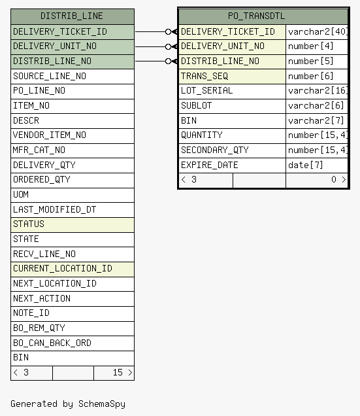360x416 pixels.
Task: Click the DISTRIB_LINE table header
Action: click(x=72, y=16)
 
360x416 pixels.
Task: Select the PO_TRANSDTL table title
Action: click(x=256, y=16)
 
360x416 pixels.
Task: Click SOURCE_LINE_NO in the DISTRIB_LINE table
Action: click(x=50, y=77)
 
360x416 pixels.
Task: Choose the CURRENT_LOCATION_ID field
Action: click(x=63, y=268)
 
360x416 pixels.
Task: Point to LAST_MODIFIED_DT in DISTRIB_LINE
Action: click(x=55, y=209)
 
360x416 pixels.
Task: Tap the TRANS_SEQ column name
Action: click(x=205, y=77)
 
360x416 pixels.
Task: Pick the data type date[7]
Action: click(x=305, y=165)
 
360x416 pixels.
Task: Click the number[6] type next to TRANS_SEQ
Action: click(x=310, y=77)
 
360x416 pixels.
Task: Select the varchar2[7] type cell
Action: click(x=316, y=121)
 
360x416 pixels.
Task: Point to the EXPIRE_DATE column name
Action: click(x=210, y=165)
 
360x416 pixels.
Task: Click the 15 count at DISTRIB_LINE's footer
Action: click(x=118, y=372)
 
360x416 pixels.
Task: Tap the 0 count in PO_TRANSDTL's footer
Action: click(x=334, y=180)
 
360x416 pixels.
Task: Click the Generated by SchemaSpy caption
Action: click(x=68, y=404)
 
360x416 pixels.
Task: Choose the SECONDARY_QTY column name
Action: click(x=215, y=150)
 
